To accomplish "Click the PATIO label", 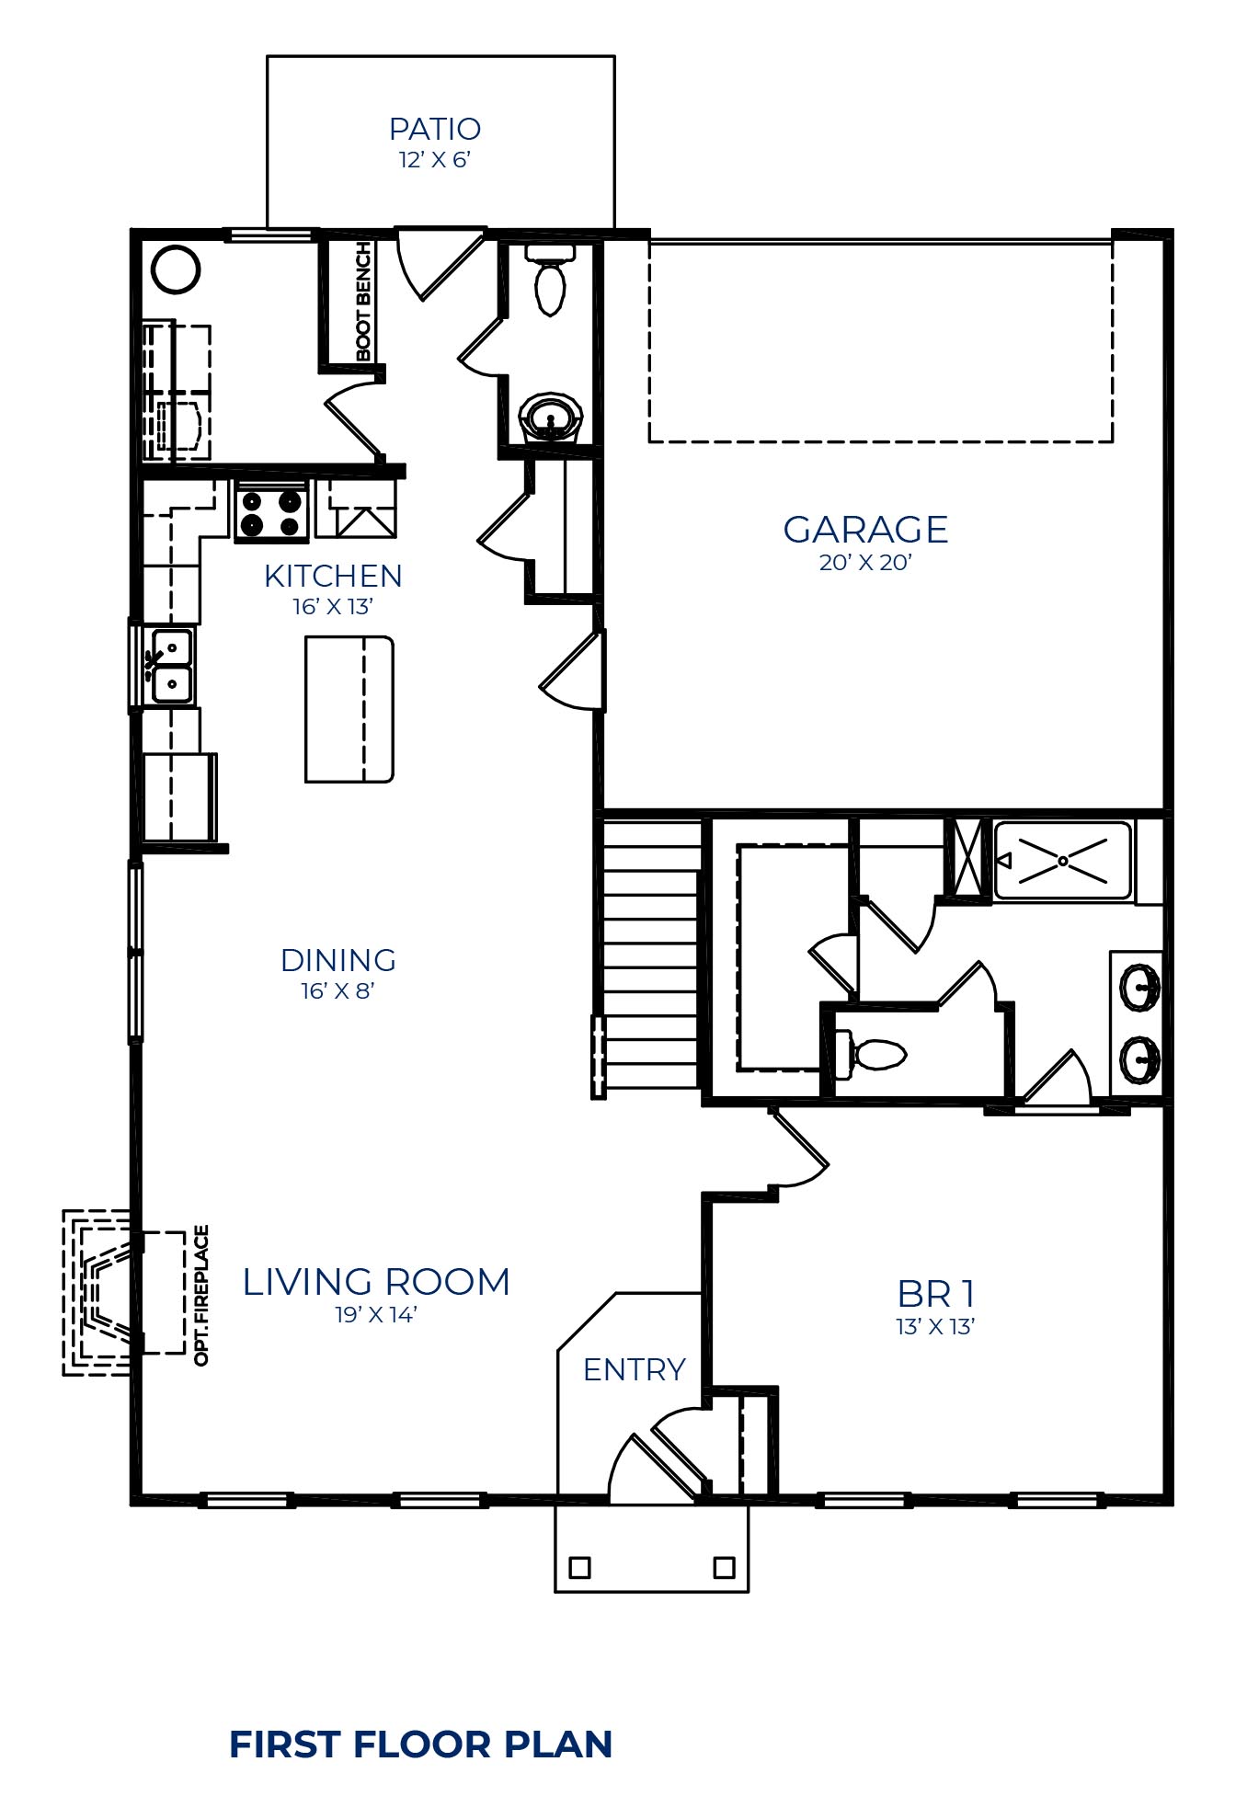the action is [x=435, y=129].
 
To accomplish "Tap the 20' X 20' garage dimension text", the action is [x=864, y=563].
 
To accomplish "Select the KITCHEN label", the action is [x=333, y=576].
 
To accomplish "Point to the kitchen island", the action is [x=349, y=709].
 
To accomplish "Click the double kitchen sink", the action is [x=172, y=667].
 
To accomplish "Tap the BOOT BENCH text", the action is [x=363, y=302].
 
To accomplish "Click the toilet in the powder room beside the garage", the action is [x=550, y=279].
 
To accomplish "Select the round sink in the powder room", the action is [x=551, y=418].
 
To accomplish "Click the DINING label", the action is [x=338, y=960].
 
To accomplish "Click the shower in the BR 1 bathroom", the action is [x=1062, y=861].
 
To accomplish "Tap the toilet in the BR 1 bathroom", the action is [x=870, y=1054].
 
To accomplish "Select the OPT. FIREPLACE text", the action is [x=202, y=1295].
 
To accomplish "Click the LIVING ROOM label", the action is [x=376, y=1282].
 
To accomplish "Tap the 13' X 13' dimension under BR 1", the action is [x=935, y=1327].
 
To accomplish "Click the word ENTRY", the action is [x=635, y=1370].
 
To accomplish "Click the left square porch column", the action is [x=579, y=1567].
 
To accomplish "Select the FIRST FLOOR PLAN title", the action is [x=421, y=1745].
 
